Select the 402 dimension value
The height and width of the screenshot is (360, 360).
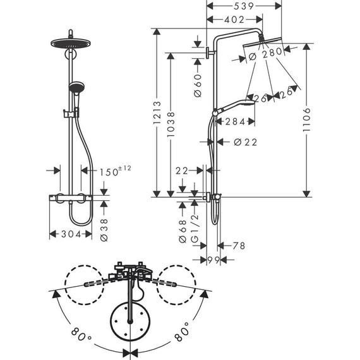(x=234, y=21)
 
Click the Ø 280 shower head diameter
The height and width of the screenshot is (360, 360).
(x=267, y=55)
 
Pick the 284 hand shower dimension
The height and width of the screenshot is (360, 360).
(x=235, y=122)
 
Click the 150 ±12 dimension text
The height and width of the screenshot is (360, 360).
(x=114, y=172)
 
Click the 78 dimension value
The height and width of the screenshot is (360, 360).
(x=238, y=246)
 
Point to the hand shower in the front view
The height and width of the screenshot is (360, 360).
(x=76, y=87)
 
